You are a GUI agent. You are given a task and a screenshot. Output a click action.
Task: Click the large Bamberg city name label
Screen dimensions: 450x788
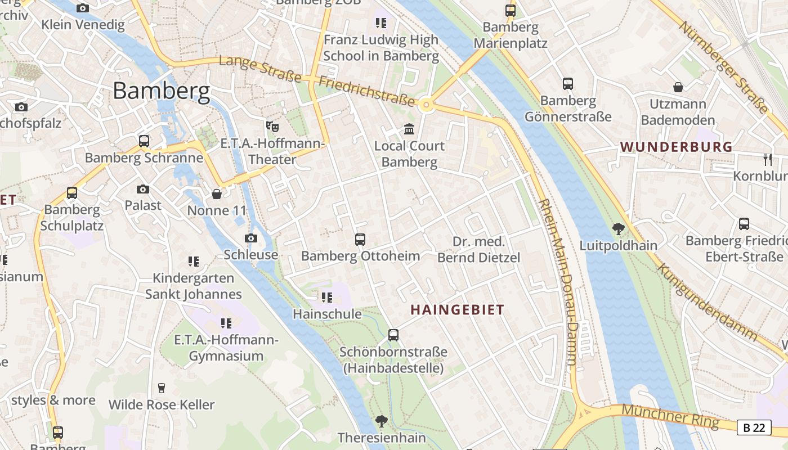pos(162,91)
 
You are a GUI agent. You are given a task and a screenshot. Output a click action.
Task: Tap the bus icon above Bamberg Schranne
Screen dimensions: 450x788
pos(144,141)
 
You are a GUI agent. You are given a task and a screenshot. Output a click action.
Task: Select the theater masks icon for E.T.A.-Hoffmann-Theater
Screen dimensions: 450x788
pos(273,127)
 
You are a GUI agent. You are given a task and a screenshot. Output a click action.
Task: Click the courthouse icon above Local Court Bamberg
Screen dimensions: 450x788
pos(409,130)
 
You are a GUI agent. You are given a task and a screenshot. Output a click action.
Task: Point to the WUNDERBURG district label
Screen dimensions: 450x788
pos(676,147)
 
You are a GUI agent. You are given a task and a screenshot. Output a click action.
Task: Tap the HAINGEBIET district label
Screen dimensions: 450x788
pos(457,310)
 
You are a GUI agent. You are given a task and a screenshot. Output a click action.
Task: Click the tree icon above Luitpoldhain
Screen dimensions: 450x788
pos(619,229)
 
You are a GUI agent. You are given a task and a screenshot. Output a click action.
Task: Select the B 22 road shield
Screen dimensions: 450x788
pos(754,427)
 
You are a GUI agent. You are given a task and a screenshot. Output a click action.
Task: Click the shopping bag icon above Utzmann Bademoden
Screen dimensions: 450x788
pos(678,87)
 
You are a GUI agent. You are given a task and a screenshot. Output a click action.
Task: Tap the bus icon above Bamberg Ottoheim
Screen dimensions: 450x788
pos(360,240)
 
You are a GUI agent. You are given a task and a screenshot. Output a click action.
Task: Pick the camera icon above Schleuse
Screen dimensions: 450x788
pos(251,238)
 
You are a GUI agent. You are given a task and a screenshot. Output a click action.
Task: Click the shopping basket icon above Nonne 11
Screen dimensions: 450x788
pos(217,195)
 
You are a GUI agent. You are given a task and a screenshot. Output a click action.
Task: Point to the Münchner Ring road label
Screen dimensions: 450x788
pos(670,416)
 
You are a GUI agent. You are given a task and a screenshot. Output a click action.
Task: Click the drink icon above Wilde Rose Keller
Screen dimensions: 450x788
pos(162,388)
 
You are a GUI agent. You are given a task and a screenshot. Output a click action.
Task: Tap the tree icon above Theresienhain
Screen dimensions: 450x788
pos(382,421)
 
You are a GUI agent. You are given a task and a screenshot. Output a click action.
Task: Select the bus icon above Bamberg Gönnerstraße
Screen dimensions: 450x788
pos(568,84)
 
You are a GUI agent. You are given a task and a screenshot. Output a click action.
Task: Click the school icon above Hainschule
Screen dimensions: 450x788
pos(327,297)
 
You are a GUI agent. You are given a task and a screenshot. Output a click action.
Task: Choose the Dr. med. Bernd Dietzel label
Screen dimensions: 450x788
pos(479,250)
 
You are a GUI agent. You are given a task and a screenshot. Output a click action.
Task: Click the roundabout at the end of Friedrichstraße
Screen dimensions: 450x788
pos(426,104)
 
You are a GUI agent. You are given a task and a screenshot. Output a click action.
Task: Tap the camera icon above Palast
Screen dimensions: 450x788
pos(143,189)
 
